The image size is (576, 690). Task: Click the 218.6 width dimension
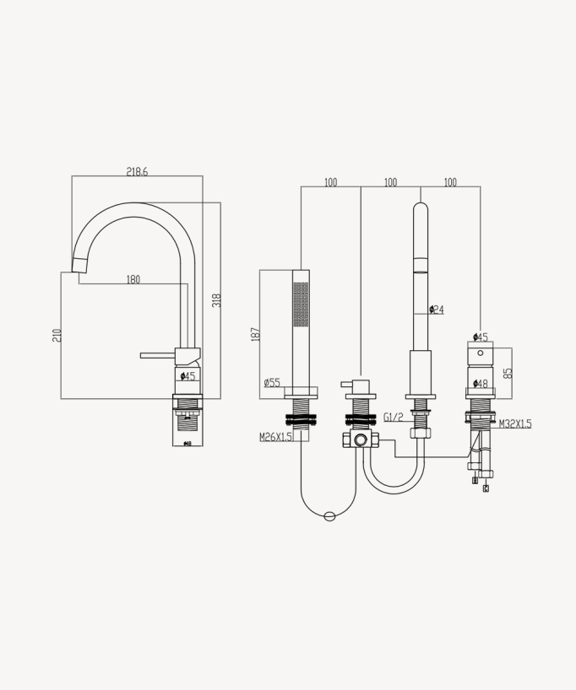pyautogui.click(x=137, y=171)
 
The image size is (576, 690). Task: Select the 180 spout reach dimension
pyautogui.click(x=133, y=280)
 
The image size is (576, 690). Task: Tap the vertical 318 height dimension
pyautogui.click(x=216, y=299)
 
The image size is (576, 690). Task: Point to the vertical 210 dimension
pyautogui.click(x=57, y=335)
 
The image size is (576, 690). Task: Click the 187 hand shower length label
pyautogui.click(x=255, y=334)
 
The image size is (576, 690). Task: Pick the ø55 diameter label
pyautogui.click(x=271, y=383)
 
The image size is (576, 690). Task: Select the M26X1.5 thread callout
pyautogui.click(x=275, y=437)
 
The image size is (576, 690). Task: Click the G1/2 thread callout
pyautogui.click(x=392, y=418)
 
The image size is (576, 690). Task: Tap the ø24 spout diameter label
pyautogui.click(x=436, y=310)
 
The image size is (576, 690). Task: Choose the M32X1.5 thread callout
pyautogui.click(x=515, y=423)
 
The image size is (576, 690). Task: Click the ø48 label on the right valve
pyautogui.click(x=480, y=384)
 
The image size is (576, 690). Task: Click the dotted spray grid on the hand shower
pyautogui.click(x=301, y=303)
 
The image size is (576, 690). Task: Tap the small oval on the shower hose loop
pyautogui.click(x=329, y=516)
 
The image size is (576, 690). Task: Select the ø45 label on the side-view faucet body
pyautogui.click(x=187, y=376)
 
